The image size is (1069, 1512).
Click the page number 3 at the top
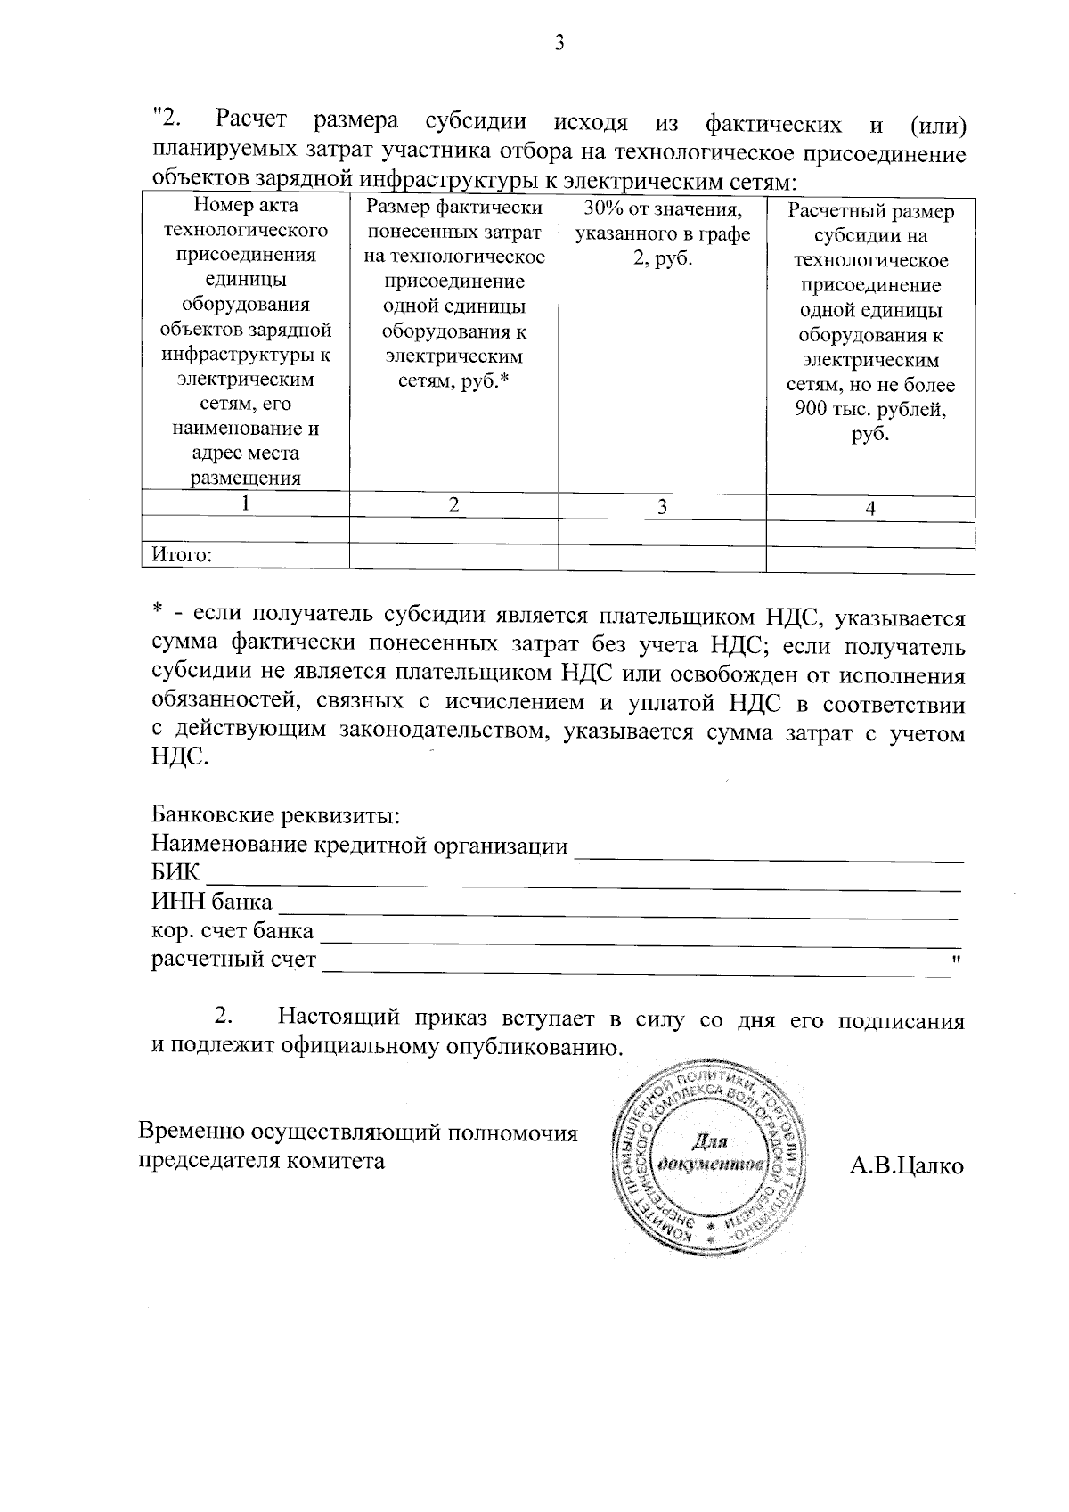(x=559, y=43)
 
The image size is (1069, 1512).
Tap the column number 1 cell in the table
(x=245, y=503)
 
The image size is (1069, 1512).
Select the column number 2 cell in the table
(x=453, y=505)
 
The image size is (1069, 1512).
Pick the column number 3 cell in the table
(x=662, y=506)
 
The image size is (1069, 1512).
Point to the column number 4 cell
(x=870, y=508)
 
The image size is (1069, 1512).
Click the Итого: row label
(x=182, y=556)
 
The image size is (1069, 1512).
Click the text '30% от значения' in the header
(x=662, y=210)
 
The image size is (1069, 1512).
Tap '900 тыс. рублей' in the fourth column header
(x=870, y=411)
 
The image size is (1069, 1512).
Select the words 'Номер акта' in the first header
(x=246, y=206)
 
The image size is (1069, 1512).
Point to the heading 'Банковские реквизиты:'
(x=275, y=815)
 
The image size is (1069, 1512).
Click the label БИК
(x=175, y=872)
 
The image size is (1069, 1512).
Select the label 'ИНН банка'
(x=212, y=903)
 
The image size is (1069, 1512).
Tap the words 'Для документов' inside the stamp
(x=710, y=1156)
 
